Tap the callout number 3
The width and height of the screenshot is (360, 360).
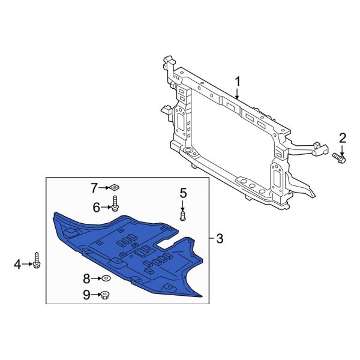pyautogui.click(x=219, y=239)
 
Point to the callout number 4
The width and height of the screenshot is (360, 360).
pyautogui.click(x=17, y=263)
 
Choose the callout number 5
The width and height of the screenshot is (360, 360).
pyautogui.click(x=183, y=193)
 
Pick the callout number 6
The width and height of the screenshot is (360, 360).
pyautogui.click(x=96, y=207)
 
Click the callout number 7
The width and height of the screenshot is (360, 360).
pyautogui.click(x=94, y=188)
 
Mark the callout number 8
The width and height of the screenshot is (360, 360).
pyautogui.click(x=86, y=278)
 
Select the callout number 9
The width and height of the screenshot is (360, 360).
pyautogui.click(x=86, y=295)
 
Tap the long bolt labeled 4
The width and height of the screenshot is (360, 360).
pyautogui.click(x=37, y=261)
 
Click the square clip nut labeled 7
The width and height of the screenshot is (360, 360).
pyautogui.click(x=114, y=188)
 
